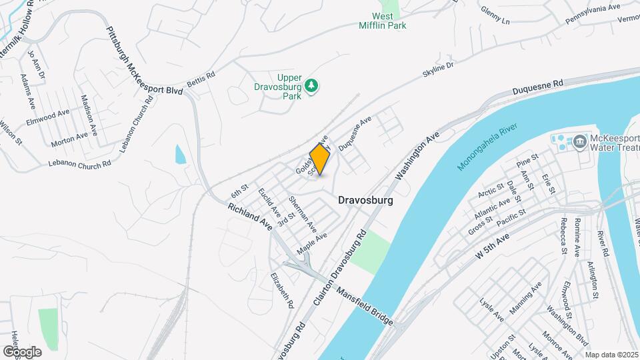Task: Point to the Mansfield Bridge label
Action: pyautogui.click(x=365, y=307)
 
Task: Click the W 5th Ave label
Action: pyautogui.click(x=492, y=247)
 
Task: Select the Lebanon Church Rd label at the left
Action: pyautogui.click(x=79, y=163)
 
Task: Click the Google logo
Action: pyautogui.click(x=22, y=351)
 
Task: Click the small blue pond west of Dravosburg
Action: pyautogui.click(x=180, y=155)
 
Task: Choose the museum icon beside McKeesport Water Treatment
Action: pyautogui.click(x=578, y=141)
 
